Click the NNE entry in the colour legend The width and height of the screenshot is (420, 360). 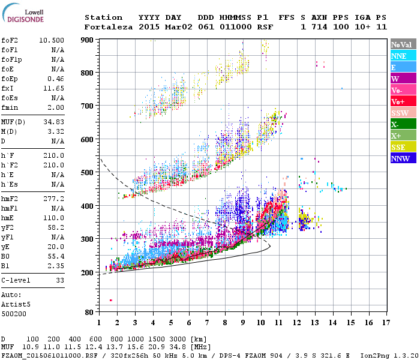pos(402,56)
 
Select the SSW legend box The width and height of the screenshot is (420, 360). pos(402,113)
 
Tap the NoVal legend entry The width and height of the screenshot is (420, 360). pos(402,44)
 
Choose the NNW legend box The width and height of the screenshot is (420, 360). pos(402,158)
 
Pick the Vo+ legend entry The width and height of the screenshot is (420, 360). pos(402,101)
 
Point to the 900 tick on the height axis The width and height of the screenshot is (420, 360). pos(88,40)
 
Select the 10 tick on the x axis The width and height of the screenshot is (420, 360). pos(261,323)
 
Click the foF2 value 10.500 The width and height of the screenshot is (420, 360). pos(52,40)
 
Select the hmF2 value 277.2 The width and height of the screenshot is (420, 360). pos(54,197)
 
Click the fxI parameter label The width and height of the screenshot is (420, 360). pos(8,88)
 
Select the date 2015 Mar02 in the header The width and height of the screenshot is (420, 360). pos(160,27)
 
